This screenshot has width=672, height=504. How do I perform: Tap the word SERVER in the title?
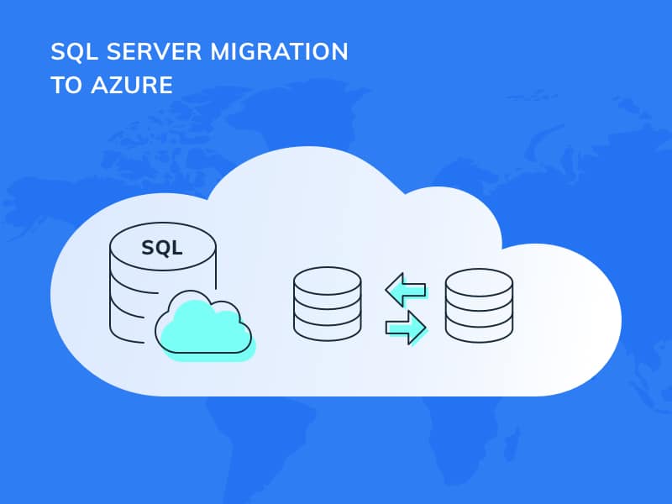coord(149,52)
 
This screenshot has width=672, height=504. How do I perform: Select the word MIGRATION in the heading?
coord(282,52)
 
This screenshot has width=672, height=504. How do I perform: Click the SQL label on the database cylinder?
coord(162,248)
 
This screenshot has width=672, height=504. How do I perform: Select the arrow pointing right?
coord(406,326)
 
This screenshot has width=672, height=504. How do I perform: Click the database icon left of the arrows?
coord(328,303)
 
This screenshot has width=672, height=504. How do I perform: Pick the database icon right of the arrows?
coord(479,303)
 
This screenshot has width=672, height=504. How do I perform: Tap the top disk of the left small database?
coord(328,277)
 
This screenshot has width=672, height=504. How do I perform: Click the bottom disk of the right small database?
coord(479,330)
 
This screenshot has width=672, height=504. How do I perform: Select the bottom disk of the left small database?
coord(328,330)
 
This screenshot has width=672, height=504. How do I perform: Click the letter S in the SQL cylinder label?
coord(147,248)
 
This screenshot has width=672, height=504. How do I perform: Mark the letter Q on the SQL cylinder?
coord(162,248)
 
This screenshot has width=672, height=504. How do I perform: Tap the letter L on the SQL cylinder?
coord(177,248)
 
